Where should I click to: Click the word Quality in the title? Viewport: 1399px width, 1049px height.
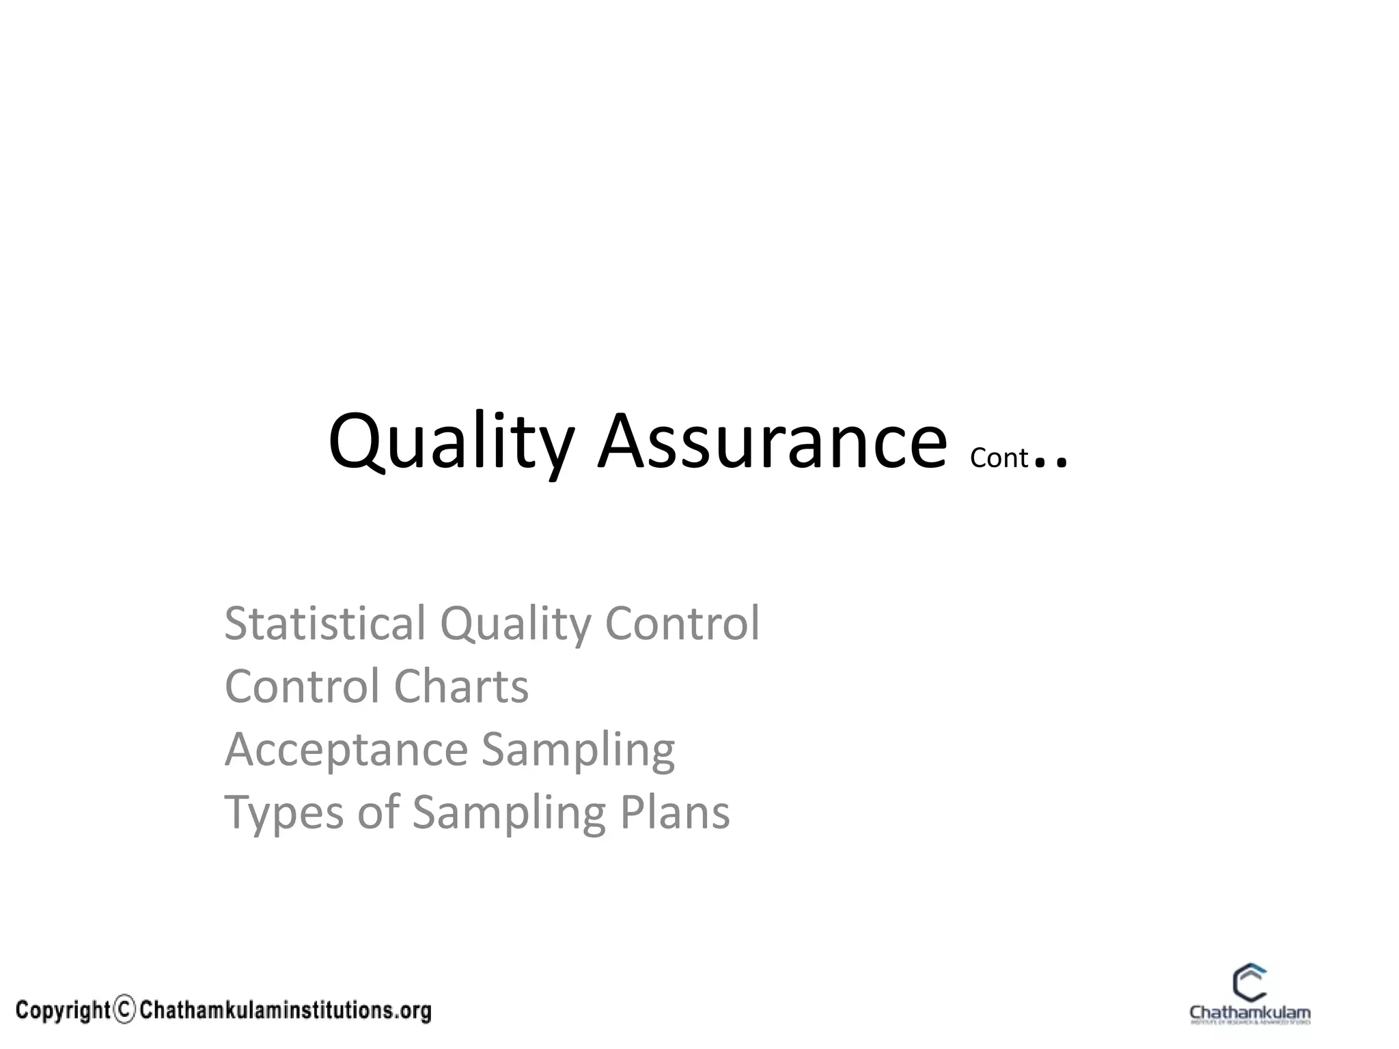(x=451, y=443)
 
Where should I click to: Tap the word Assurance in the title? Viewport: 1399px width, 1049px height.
(x=772, y=443)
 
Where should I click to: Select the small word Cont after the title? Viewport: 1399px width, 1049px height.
(x=998, y=458)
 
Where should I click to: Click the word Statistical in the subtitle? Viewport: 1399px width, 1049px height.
(x=324, y=623)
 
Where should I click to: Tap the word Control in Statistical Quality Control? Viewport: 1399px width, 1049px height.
(x=682, y=623)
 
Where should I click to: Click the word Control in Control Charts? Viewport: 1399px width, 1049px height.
(x=301, y=686)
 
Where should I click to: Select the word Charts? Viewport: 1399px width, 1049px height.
(x=461, y=686)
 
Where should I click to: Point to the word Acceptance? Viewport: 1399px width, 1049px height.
(x=346, y=750)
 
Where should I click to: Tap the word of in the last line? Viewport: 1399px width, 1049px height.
(x=378, y=812)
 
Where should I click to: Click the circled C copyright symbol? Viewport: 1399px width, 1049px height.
(x=124, y=1010)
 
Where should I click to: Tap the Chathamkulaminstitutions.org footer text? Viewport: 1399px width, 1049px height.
(x=286, y=1010)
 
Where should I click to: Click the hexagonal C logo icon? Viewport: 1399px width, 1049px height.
(x=1249, y=984)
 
